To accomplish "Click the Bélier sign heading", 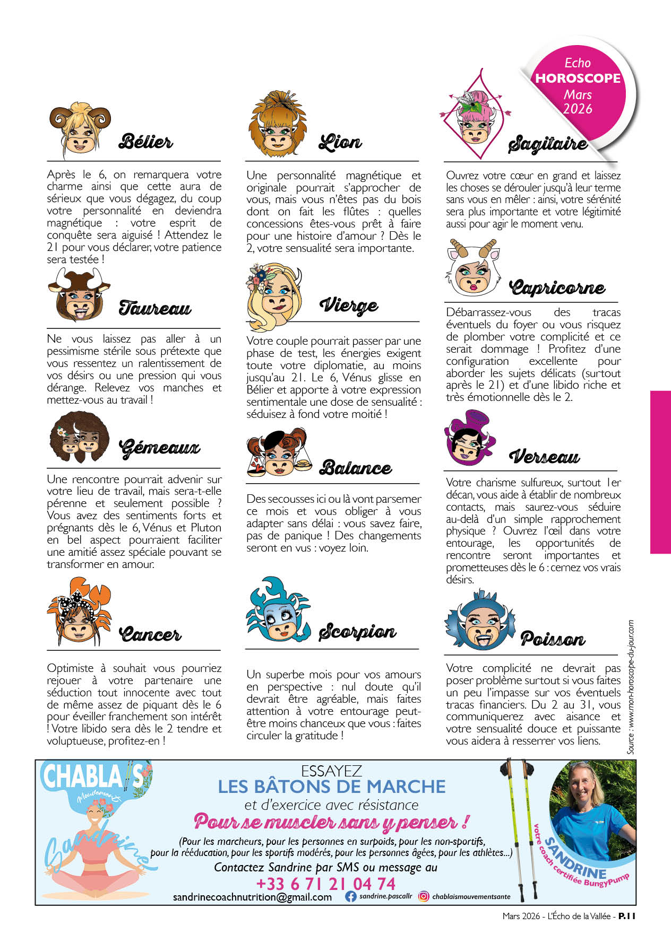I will pos(145,142).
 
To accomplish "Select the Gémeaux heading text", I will pos(159,448).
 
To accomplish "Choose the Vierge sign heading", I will pos(349,305).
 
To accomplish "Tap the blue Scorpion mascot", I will pos(278,610).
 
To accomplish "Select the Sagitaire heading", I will pos(547,144).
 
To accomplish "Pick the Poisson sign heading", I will pos(552,639).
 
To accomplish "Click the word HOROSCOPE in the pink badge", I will pos(578,78).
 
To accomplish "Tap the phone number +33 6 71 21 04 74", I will pos(325,884).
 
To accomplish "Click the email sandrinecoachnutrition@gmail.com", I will pos(252,897).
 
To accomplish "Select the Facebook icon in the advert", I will pos(350,896).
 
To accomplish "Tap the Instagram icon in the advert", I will pos(424,896).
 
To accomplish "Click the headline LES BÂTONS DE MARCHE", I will pos(332,786).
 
